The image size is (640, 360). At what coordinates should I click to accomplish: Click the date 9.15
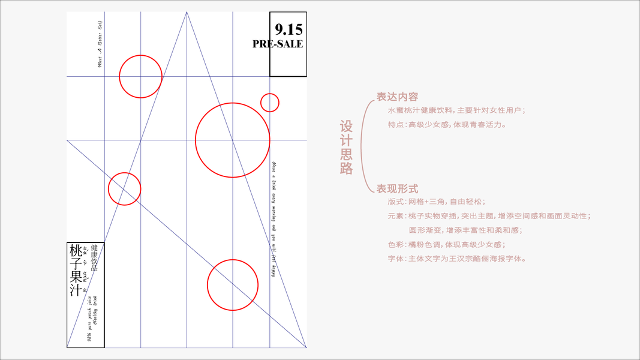(289, 29)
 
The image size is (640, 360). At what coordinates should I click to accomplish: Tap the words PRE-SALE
(278, 44)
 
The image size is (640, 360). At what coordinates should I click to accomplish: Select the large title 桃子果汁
(76, 272)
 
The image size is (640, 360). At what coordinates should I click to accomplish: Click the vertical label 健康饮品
(94, 258)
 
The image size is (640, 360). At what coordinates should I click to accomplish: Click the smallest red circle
(270, 103)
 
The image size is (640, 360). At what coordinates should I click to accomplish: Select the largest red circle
(232, 140)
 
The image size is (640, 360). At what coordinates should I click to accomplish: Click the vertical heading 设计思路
(347, 148)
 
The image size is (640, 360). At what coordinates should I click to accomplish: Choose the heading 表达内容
(397, 97)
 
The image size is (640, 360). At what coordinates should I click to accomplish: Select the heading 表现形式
(397, 188)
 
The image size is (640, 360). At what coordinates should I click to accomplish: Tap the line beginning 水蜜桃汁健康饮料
(456, 110)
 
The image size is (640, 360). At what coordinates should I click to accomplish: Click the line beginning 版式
(437, 202)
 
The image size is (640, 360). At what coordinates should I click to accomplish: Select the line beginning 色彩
(446, 245)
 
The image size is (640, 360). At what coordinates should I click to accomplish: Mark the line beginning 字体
(458, 259)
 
